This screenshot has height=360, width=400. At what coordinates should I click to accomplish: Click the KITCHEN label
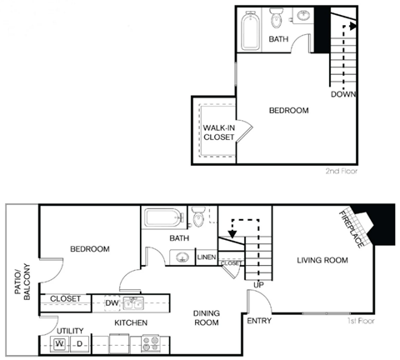pyautogui.click(x=131, y=322)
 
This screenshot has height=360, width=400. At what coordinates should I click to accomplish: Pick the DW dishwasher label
pyautogui.click(x=112, y=302)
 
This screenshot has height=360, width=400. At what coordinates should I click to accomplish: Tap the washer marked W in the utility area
pyautogui.click(x=60, y=343)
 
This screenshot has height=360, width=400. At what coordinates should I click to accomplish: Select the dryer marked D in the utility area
pyautogui.click(x=79, y=343)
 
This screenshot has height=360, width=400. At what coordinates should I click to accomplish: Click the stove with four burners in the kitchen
pyautogui.click(x=152, y=342)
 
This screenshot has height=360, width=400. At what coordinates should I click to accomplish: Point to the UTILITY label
pyautogui.click(x=58, y=331)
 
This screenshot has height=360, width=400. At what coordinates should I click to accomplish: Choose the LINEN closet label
pyautogui.click(x=207, y=257)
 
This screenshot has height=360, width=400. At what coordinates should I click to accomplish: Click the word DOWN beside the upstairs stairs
pyautogui.click(x=343, y=94)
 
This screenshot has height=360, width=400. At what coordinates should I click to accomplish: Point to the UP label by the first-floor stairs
pyautogui.click(x=258, y=286)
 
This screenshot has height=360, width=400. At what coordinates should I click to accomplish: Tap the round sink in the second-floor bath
pyautogui.click(x=303, y=17)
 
